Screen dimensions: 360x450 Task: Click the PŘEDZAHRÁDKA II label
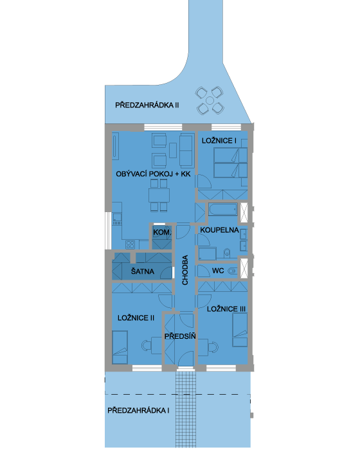pos(147,105)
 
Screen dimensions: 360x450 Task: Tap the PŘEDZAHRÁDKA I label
pos(138,410)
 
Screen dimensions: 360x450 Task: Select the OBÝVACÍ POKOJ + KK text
pos(153,174)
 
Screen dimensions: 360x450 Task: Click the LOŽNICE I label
pos(219,141)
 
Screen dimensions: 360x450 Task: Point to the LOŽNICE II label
pos(136,318)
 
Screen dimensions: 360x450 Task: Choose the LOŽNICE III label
pos(226,309)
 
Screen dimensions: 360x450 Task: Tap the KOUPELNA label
pos(219,230)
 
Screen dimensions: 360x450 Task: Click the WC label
pos(218,271)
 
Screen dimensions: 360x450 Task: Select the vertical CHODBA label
pos(185,270)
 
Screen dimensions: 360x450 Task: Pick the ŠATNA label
pos(142,271)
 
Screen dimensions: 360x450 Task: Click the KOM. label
pos(162,233)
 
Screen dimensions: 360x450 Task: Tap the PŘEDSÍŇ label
pos(180,336)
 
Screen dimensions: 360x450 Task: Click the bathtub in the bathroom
pos(223,210)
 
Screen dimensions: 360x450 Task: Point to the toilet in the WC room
pos(232,271)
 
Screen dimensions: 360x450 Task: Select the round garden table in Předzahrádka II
pos(210,101)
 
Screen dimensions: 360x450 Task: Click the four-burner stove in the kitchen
pos(130,244)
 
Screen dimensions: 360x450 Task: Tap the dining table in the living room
pos(159,195)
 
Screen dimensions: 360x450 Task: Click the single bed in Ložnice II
pos(120,347)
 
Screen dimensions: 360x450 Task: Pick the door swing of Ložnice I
pos(204,181)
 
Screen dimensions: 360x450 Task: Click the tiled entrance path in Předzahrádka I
pos(185,410)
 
